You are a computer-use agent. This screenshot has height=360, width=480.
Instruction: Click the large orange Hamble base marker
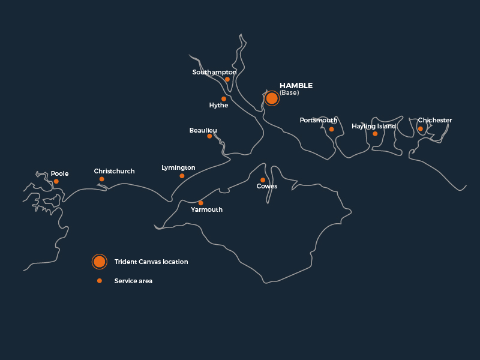pyautogui.click(x=272, y=98)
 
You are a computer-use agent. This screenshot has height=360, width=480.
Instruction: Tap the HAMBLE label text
pyautogui.click(x=296, y=86)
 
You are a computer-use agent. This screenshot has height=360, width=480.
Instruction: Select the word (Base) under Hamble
pyautogui.click(x=289, y=93)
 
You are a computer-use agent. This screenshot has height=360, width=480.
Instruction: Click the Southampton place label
pyautogui.click(x=214, y=72)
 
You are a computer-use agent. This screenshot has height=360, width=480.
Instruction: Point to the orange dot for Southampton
pyautogui.click(x=227, y=79)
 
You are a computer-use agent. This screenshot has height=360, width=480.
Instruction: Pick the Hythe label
pyautogui.click(x=218, y=106)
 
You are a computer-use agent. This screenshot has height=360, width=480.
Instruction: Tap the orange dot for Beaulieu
pyautogui.click(x=209, y=136)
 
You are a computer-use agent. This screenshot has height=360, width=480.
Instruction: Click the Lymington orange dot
pyautogui.click(x=182, y=176)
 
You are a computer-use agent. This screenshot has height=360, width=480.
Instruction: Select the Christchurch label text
pyautogui.click(x=114, y=171)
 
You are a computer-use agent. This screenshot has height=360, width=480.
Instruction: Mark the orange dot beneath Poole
pyautogui.click(x=56, y=181)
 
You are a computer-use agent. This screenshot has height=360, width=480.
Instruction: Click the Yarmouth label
pyautogui.click(x=206, y=209)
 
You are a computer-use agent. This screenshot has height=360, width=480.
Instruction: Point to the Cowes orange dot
pyautogui.click(x=263, y=180)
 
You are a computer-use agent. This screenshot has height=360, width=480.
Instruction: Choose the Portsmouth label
pyautogui.click(x=318, y=120)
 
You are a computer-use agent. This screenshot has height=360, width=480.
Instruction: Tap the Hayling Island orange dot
pyautogui.click(x=375, y=134)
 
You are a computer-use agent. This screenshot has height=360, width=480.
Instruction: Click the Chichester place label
pyautogui.click(x=434, y=120)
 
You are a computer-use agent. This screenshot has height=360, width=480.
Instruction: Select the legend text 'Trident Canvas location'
pyautogui.click(x=151, y=262)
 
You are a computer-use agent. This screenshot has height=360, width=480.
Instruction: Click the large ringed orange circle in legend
pyautogui.click(x=100, y=262)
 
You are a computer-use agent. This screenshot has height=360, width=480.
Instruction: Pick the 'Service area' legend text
pyautogui.click(x=133, y=281)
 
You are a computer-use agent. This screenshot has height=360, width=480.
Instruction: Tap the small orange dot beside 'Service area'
pyautogui.click(x=100, y=281)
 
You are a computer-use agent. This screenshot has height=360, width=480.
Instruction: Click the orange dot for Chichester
pyautogui.click(x=421, y=128)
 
